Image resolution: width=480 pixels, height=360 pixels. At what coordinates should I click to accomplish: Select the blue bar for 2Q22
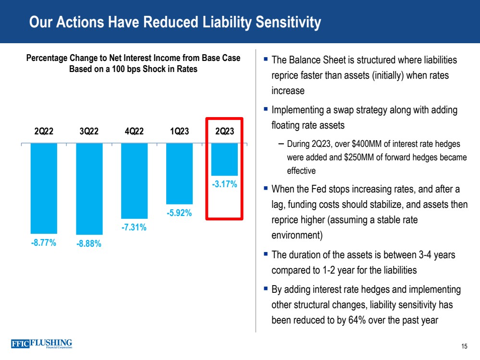(x=44, y=188)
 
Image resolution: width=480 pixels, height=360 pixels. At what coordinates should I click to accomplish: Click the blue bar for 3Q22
(x=89, y=189)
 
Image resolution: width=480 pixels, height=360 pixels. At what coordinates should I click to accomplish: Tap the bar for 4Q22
(x=134, y=181)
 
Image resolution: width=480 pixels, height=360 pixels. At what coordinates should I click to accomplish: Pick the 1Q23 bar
(x=179, y=174)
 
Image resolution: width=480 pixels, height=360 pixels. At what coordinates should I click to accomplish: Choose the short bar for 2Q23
(x=224, y=159)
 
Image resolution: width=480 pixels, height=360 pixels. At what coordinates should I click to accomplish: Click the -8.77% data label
(x=44, y=242)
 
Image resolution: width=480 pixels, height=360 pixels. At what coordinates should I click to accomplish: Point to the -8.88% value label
(x=89, y=244)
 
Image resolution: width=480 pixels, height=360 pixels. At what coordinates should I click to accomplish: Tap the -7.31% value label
(x=134, y=228)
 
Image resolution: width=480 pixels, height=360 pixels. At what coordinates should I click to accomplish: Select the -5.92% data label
(x=179, y=213)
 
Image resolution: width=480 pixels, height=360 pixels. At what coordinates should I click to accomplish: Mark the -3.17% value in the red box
(x=224, y=184)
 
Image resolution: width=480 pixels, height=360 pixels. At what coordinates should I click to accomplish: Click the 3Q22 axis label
(x=89, y=132)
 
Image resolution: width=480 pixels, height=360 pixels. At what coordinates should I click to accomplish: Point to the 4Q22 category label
(x=134, y=132)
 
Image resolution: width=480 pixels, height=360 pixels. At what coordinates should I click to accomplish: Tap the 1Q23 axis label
(x=179, y=132)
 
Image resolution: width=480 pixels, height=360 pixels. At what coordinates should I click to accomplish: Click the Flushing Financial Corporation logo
(x=41, y=344)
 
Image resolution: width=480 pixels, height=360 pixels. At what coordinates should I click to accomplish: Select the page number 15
(x=464, y=347)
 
